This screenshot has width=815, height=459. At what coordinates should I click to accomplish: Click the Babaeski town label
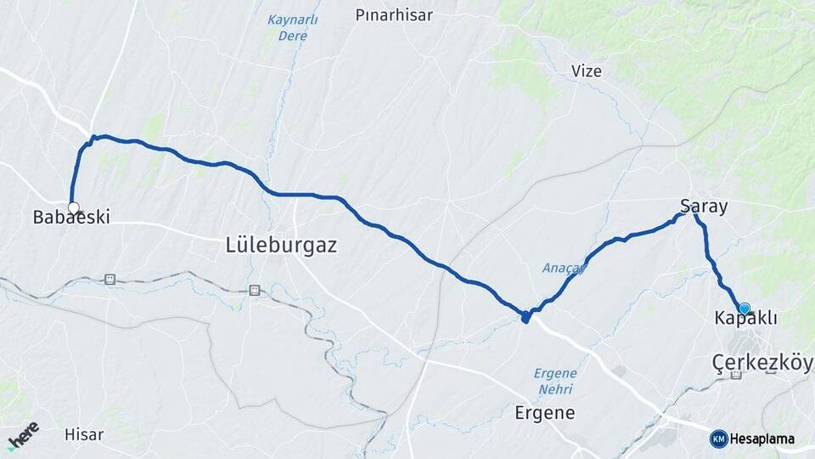[71, 218]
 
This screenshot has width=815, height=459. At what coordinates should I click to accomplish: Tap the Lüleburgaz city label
[282, 246]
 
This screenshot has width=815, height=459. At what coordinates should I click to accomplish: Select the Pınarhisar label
[393, 15]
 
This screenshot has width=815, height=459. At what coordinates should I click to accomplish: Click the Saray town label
[704, 206]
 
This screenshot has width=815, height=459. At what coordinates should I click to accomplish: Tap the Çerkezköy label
[762, 364]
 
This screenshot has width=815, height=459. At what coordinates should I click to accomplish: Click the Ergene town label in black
[545, 414]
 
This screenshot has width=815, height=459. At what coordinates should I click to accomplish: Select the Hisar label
[84, 435]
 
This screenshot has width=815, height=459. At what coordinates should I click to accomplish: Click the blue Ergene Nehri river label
[555, 381]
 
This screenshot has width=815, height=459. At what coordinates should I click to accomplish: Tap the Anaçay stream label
[564, 269]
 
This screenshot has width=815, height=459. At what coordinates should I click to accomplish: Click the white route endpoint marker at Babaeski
[73, 207]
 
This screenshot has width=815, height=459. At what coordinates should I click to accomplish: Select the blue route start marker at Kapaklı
[745, 309]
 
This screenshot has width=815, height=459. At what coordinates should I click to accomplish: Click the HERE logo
[22, 434]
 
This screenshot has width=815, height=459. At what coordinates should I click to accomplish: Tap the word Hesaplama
[762, 439]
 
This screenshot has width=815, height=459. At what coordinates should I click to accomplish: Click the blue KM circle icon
[718, 439]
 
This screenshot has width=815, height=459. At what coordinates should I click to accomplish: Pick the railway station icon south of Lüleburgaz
[253, 290]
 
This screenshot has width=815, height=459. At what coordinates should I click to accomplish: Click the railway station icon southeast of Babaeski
[110, 279]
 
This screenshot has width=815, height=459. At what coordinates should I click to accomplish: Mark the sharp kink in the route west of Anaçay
[526, 318]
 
